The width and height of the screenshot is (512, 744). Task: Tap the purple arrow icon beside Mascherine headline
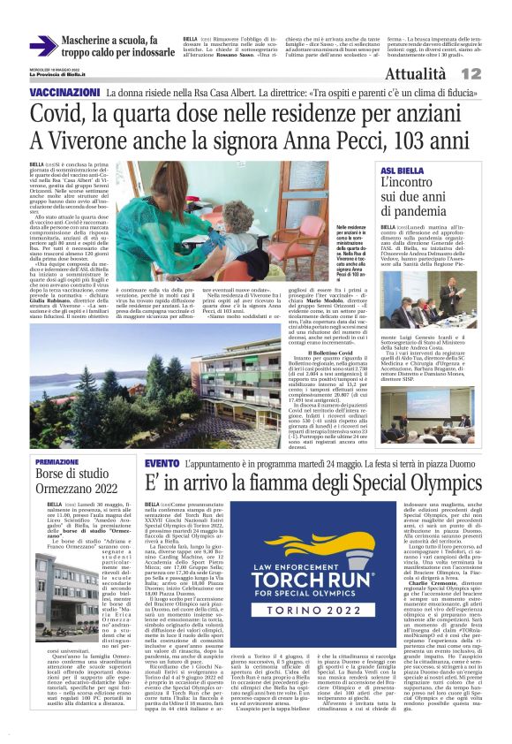click(x=42, y=46)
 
